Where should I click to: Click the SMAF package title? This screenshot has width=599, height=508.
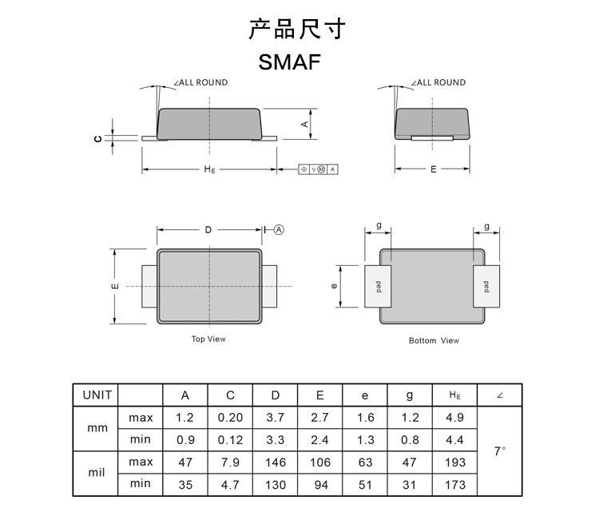point(290,62)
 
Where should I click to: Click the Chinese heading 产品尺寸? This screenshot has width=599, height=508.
point(297,30)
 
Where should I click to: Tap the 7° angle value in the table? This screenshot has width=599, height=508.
point(499,451)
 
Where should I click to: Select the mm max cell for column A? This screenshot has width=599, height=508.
point(185,418)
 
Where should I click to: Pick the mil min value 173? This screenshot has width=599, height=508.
point(454,483)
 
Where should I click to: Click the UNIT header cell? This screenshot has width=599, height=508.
point(97,395)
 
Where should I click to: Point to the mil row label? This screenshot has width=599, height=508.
point(97,473)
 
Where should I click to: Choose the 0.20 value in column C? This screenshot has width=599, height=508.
point(230,418)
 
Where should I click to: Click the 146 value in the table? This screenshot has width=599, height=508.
point(275,462)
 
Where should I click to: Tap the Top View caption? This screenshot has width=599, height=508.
point(208,339)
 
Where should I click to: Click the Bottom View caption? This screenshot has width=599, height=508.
point(434,341)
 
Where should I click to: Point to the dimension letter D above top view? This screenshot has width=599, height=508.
point(208,229)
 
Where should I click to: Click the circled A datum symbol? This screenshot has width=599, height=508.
point(280,229)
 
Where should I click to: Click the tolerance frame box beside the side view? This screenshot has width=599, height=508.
point(318,169)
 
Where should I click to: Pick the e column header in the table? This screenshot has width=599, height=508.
point(364,395)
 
